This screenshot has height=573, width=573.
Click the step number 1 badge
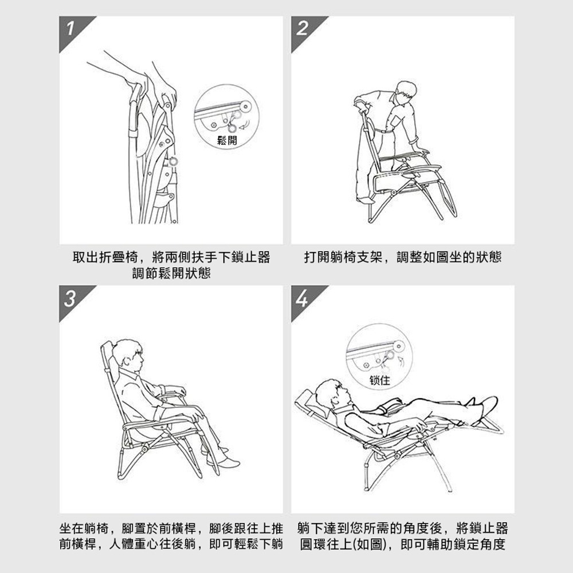[70, 29]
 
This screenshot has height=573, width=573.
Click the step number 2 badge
[302, 29]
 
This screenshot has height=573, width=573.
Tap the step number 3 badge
[70, 299]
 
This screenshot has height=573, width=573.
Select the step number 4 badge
[302, 299]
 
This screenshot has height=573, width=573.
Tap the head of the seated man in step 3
[127, 355]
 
